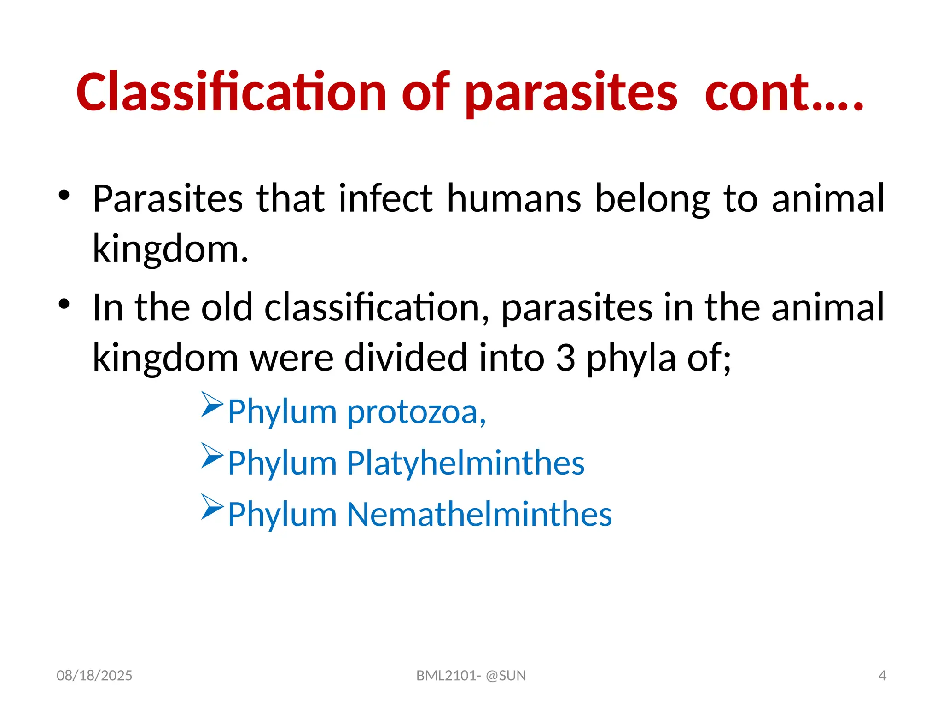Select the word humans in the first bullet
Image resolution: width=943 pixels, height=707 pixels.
coord(514,199)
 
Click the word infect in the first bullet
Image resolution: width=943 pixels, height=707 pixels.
coord(386,199)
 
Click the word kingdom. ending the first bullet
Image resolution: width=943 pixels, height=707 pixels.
coord(170,249)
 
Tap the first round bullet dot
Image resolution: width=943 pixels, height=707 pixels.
coord(64,195)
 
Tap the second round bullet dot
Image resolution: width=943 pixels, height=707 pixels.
coord(64,304)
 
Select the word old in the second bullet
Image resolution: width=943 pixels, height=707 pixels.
coord(227,307)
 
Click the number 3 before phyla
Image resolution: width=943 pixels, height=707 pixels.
coord(565,358)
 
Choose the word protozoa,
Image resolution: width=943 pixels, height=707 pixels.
coord(416,412)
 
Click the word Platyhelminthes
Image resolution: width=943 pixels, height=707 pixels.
coord(466,463)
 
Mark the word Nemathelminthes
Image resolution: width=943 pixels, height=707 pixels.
coord(479,514)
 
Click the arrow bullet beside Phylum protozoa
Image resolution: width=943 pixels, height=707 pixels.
coord(212,404)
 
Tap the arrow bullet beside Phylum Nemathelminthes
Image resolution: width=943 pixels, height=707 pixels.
coord(212,507)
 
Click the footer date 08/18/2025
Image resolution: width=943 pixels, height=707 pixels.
coord(94,676)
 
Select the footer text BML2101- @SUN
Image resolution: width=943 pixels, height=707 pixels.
coord(471,676)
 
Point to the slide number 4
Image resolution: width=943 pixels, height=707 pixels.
coord(882,676)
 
